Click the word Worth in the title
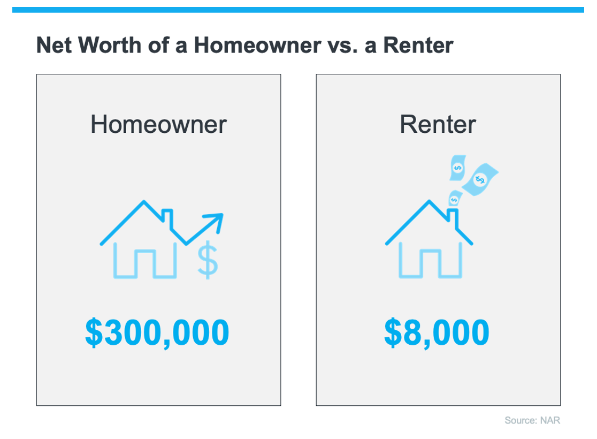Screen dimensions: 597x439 110,45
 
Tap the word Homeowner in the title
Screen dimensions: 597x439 257,45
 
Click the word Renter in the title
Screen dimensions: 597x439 418,45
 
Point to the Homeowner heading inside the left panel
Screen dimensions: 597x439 158,124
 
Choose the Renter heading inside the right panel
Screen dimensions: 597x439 438,124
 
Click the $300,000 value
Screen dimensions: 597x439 157,332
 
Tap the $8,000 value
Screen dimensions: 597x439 437,332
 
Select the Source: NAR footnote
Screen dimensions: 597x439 532,420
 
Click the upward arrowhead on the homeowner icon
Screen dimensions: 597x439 217,220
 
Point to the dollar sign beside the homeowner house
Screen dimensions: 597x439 208,260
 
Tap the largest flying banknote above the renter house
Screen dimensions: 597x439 480,179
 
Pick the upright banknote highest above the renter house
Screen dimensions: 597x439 458,168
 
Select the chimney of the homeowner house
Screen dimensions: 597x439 167,217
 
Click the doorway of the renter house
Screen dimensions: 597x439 430,263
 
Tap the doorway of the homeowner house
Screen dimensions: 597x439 144,263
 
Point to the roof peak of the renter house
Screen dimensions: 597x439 429,201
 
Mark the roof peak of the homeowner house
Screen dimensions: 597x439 143,201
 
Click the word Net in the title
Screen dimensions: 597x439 54,45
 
